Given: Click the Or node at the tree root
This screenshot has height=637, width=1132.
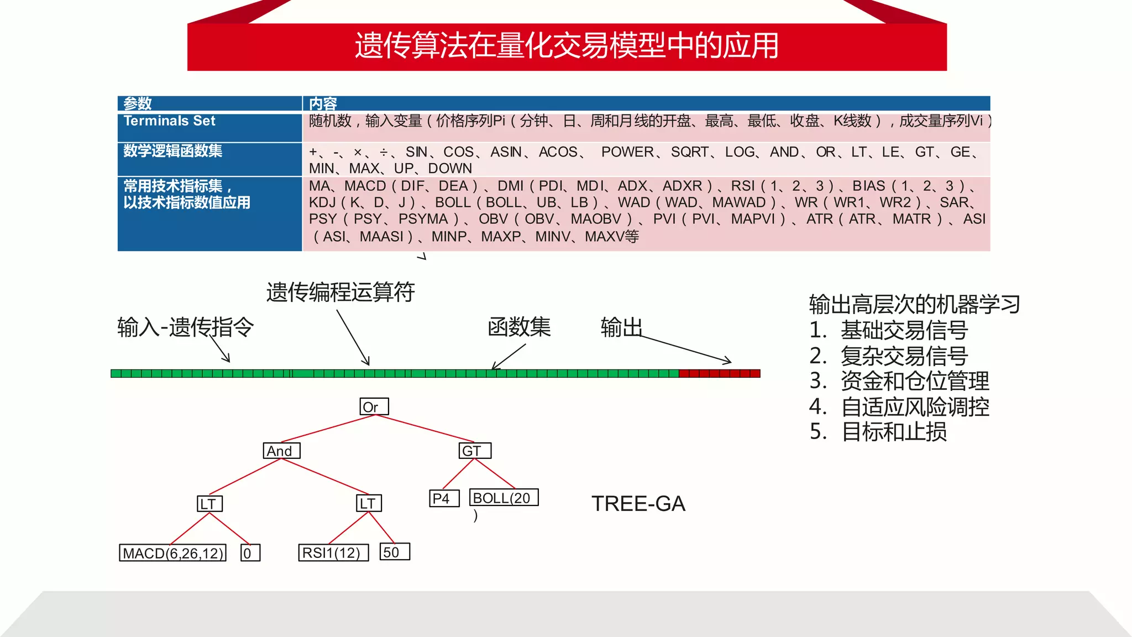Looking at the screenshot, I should tap(374, 407).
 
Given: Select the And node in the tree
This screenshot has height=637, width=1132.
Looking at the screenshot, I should tap(281, 451).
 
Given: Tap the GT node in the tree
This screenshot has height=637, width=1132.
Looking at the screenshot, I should tap(475, 451).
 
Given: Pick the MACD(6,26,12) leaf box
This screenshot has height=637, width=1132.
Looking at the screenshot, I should tap(173, 553).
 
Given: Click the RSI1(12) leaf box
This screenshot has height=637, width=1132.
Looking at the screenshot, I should tap(333, 552).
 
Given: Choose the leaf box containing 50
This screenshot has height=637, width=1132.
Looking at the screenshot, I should tap(395, 552).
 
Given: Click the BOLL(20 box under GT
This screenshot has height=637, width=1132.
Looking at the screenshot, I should tap(504, 498).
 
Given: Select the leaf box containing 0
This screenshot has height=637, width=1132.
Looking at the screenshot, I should tap(250, 553).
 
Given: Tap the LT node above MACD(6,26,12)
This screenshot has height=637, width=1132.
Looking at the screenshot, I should tap(209, 504).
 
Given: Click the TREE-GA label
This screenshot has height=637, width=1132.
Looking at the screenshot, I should tap(638, 504).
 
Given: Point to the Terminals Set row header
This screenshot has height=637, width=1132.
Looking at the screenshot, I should tap(170, 121).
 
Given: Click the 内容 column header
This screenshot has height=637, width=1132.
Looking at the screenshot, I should tap(323, 103).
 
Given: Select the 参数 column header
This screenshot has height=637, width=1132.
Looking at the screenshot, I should tap(138, 103).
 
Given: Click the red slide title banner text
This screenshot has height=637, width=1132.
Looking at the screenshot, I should tap(567, 46).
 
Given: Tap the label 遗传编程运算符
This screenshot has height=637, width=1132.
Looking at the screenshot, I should tap(340, 292).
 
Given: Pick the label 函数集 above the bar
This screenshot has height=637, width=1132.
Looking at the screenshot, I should tap(519, 327).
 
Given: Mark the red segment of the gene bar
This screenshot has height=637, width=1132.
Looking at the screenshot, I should tap(719, 374).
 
